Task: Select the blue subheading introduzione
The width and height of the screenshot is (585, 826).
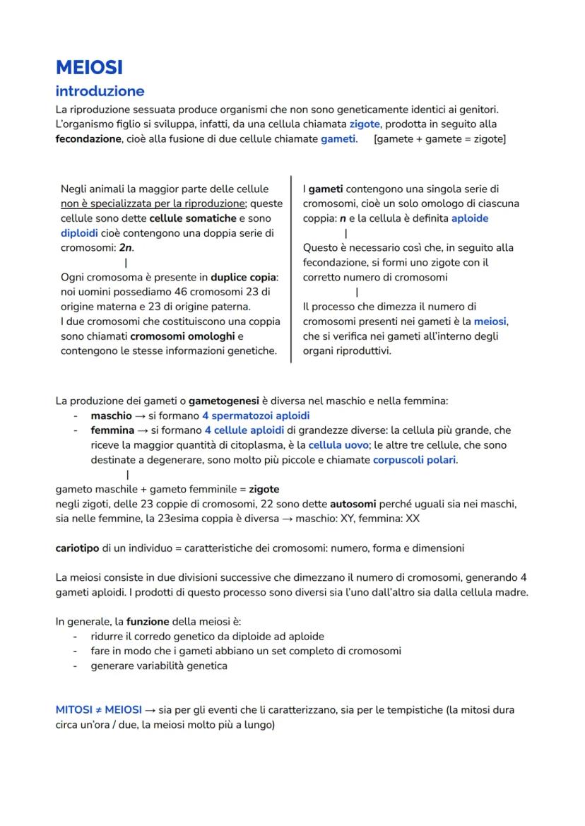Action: (100, 91)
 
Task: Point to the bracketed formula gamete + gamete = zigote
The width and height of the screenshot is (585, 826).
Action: (439, 138)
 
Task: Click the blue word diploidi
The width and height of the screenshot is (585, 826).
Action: (80, 233)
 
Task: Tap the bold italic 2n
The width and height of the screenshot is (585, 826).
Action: (126, 248)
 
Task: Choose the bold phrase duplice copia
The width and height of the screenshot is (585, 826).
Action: (244, 277)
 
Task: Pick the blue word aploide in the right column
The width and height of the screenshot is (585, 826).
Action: (469, 218)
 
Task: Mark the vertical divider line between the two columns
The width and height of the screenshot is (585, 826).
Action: (291, 269)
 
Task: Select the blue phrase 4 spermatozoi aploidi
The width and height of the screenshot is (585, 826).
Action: (255, 415)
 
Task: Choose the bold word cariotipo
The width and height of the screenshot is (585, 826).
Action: (78, 548)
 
